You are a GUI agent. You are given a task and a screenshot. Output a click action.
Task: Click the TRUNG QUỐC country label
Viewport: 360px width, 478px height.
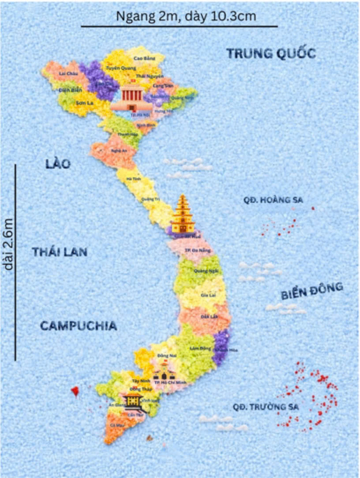coord(271,54)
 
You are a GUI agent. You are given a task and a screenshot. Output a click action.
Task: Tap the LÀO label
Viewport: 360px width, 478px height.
coord(58,164)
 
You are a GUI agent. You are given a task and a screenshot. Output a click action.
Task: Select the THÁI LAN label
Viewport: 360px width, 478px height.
coord(59,252)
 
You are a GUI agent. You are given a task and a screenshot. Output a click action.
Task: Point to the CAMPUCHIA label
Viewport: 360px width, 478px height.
coord(78,326)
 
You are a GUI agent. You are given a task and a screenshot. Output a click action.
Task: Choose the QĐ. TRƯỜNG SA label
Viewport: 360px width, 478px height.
coord(266,407)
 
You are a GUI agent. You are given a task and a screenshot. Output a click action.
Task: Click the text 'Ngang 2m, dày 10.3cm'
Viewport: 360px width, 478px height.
coord(180,16)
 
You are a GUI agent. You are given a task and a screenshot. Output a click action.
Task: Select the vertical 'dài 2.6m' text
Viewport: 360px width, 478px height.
coord(8,245)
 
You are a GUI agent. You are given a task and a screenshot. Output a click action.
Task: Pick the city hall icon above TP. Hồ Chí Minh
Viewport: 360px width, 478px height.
coord(163,371)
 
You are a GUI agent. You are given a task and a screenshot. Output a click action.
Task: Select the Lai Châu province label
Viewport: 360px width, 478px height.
coord(68,74)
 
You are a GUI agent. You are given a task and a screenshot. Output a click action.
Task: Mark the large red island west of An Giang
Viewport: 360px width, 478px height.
coord(75,391)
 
